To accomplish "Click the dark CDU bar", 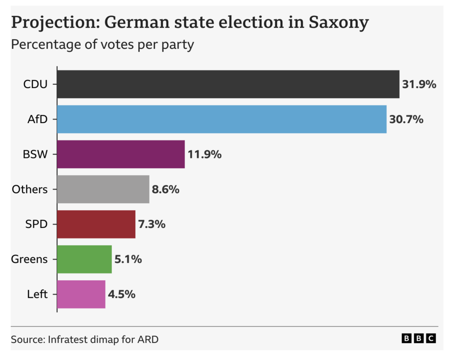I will click(x=228, y=84).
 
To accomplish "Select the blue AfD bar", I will click(x=222, y=119).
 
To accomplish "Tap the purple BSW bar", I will click(x=121, y=154).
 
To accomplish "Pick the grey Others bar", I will click(x=103, y=189).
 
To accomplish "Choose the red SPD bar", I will click(x=96, y=224).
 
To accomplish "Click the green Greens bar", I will click(x=84, y=259).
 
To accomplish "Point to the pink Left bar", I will click(x=81, y=294).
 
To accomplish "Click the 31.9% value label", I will click(x=419, y=84).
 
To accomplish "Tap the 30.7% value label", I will click(x=406, y=120).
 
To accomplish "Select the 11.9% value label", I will click(x=204, y=155).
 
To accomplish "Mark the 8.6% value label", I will click(x=166, y=189).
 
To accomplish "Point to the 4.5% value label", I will click(x=122, y=295).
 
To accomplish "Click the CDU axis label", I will click(x=35, y=84).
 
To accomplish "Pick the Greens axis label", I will click(x=30, y=259).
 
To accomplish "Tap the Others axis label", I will click(x=30, y=189).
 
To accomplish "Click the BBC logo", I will click(x=419, y=338).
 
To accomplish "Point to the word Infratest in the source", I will click(x=68, y=339).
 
